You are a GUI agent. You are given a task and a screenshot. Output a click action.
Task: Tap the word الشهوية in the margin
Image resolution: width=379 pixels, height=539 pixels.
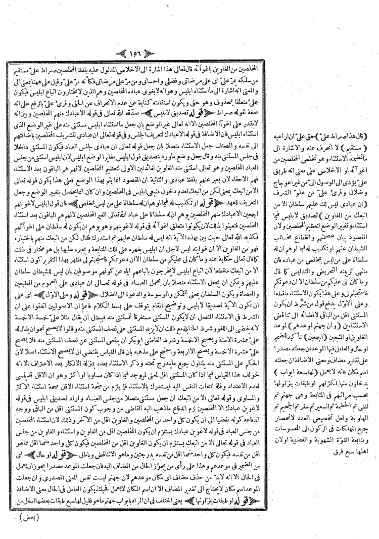click(333, 403)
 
